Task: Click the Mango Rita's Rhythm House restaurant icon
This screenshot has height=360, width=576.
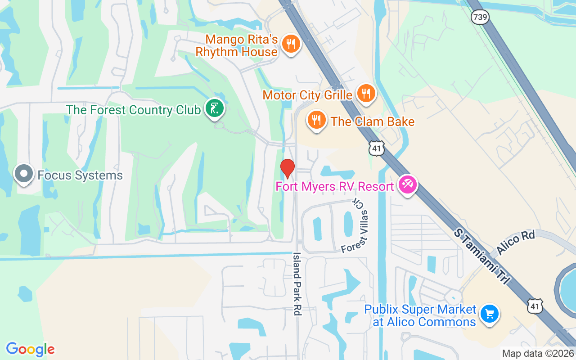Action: tap(291, 44)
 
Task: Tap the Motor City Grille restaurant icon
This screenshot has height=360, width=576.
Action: tap(366, 94)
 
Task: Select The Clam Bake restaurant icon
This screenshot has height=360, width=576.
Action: tap(317, 120)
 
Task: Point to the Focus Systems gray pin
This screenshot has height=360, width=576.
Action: tap(23, 173)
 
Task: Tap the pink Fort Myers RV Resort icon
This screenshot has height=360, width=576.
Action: tap(408, 184)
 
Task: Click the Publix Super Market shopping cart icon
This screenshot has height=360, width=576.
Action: tap(489, 314)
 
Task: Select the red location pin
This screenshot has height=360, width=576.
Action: tap(287, 168)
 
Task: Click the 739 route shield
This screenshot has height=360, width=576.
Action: tap(480, 17)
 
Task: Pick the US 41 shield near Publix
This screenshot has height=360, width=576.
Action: tap(535, 306)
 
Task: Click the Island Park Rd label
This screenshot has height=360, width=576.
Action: tap(297, 283)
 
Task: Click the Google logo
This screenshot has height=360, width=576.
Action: tap(30, 349)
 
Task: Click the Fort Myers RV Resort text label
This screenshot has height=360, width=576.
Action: tap(334, 186)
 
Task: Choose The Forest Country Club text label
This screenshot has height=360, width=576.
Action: tap(133, 110)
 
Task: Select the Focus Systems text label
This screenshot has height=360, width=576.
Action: tap(80, 175)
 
